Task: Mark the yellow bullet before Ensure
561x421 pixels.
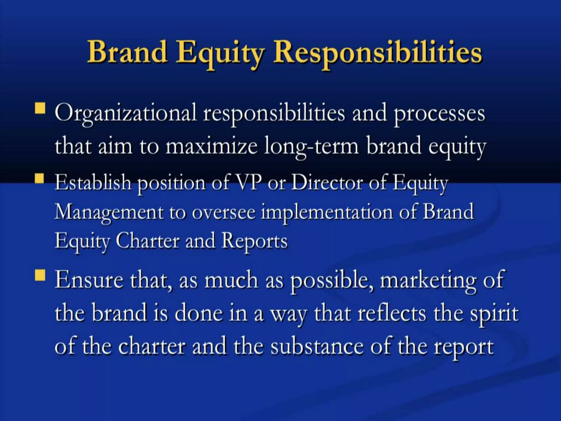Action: [40, 275]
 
